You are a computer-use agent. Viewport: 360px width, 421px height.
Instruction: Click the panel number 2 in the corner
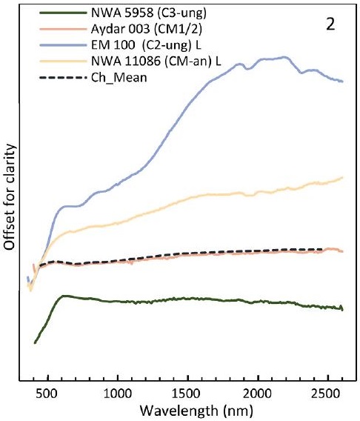[331, 24]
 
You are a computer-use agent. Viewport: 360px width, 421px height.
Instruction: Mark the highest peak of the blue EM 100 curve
[285, 57]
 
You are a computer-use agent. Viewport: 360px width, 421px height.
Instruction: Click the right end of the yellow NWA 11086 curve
[342, 178]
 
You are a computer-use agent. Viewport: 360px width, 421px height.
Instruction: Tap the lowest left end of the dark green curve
[35, 343]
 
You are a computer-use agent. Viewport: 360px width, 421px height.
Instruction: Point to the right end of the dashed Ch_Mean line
[324, 250]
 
